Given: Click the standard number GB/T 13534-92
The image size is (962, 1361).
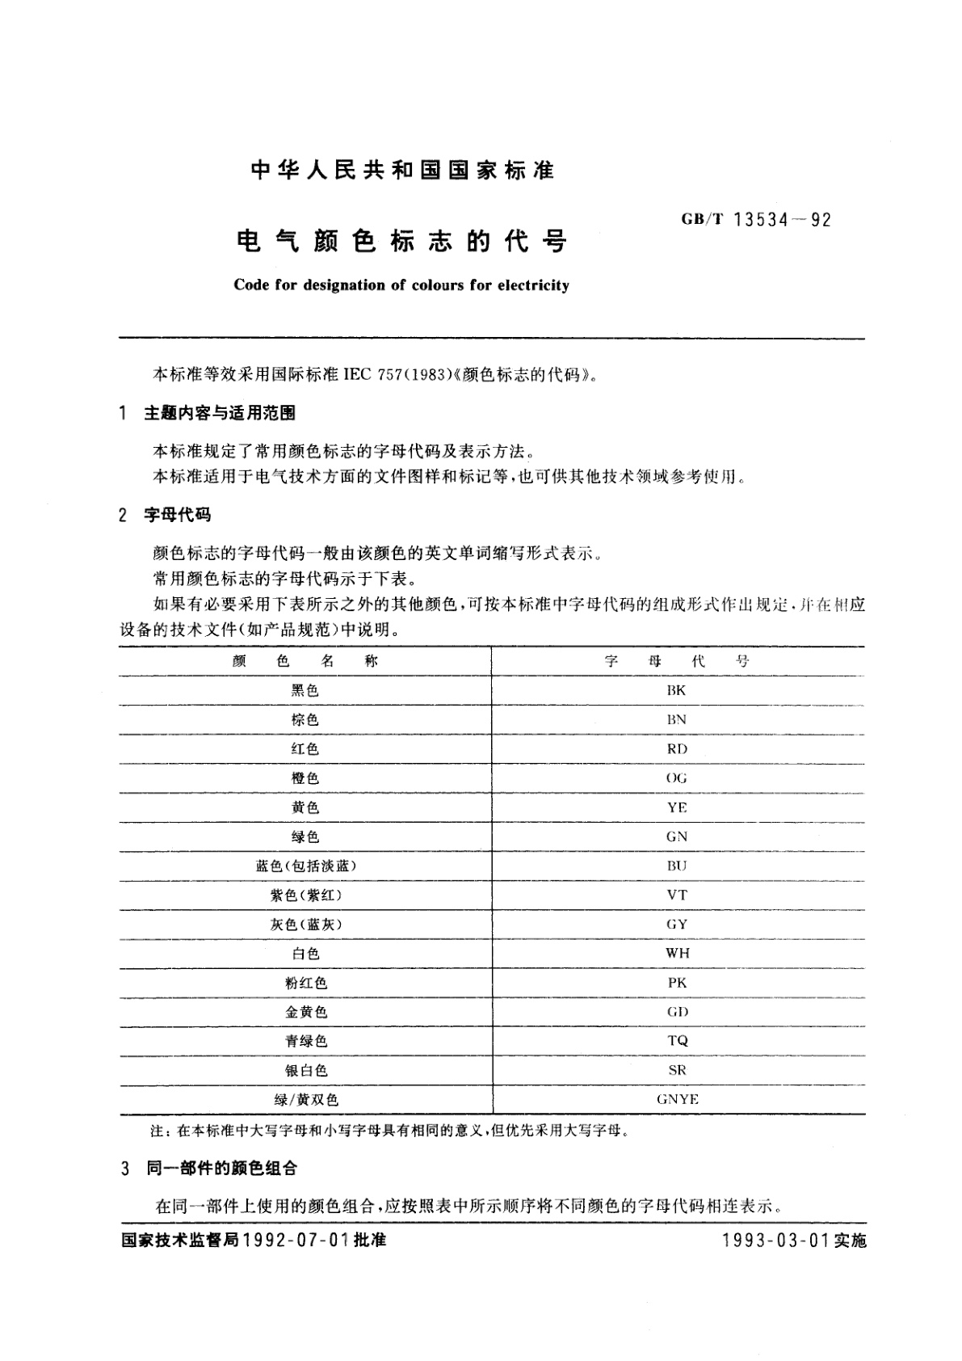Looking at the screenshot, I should (x=756, y=220).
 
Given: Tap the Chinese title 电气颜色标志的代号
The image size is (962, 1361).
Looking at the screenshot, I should (x=401, y=241).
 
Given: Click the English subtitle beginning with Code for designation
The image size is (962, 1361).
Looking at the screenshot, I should (x=401, y=285).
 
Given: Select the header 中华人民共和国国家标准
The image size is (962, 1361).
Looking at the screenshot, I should (x=402, y=171).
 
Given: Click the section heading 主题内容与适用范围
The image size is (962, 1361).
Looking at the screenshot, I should (x=219, y=413).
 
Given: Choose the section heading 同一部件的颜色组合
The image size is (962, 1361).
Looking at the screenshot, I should (x=221, y=1168).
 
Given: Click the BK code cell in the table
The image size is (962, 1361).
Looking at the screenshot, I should (x=677, y=690).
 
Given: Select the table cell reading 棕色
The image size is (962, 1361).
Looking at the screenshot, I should (x=305, y=719).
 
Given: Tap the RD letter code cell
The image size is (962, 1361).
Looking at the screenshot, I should (x=677, y=749).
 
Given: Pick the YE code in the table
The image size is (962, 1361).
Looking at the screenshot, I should (x=677, y=807).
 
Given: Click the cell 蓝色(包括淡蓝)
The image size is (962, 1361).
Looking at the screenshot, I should (x=305, y=866).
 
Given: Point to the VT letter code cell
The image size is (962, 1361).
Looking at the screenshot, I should (x=677, y=895).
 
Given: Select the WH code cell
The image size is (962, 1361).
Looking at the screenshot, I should (x=677, y=954).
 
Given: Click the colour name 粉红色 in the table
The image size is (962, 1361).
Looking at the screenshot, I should (x=305, y=983).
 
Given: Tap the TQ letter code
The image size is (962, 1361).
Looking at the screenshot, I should (x=677, y=1041).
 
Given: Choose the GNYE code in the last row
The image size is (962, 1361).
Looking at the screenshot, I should (x=677, y=1099).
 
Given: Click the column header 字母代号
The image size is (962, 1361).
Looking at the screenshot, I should (x=677, y=661).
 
